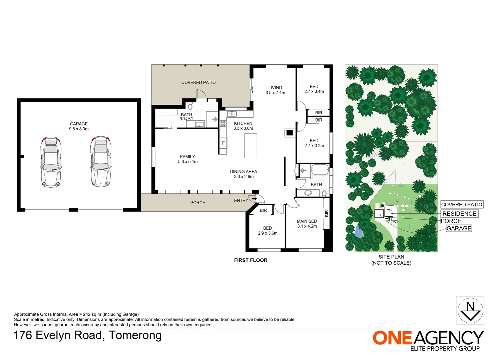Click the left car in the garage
(x=51, y=162)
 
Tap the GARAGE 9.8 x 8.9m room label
(x=79, y=126)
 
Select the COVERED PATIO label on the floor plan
(x=198, y=82)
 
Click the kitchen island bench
(x=251, y=146)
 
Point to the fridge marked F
(x=223, y=143)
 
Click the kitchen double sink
(x=232, y=114)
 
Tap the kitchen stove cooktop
(x=223, y=124)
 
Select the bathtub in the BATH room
(x=320, y=170)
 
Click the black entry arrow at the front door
(x=254, y=199)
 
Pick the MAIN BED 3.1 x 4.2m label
(x=307, y=224)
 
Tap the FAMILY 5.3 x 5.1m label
(x=187, y=159)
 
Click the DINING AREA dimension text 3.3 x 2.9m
(x=244, y=177)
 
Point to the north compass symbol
(x=470, y=310)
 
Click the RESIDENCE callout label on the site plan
(x=459, y=214)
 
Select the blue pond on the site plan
(x=359, y=231)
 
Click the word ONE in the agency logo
(x=392, y=338)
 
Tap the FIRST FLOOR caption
(x=251, y=260)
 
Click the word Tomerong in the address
(x=135, y=335)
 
